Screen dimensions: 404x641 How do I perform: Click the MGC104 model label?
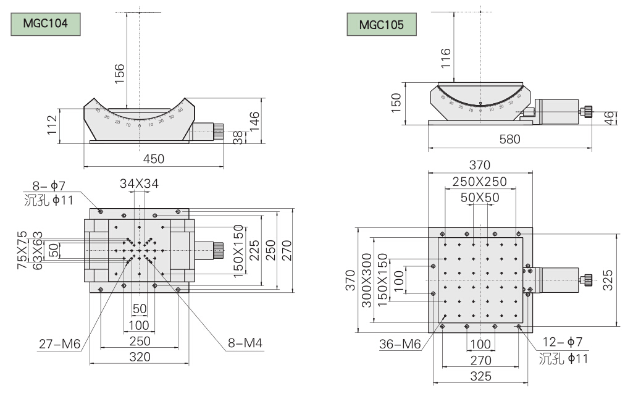click(x=44, y=25)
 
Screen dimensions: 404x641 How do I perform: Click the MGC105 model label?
click(x=382, y=25)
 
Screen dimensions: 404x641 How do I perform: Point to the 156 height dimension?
click(x=120, y=72)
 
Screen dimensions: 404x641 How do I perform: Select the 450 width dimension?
click(x=153, y=159)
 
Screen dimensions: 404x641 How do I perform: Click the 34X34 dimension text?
click(x=139, y=183)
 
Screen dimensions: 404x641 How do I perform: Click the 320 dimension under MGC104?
click(x=140, y=356)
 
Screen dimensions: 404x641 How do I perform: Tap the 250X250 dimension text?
click(x=479, y=182)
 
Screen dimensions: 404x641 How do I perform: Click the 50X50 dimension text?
click(x=480, y=197)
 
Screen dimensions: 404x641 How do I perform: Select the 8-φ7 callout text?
click(x=49, y=185)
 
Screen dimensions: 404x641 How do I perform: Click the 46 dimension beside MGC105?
click(x=610, y=118)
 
